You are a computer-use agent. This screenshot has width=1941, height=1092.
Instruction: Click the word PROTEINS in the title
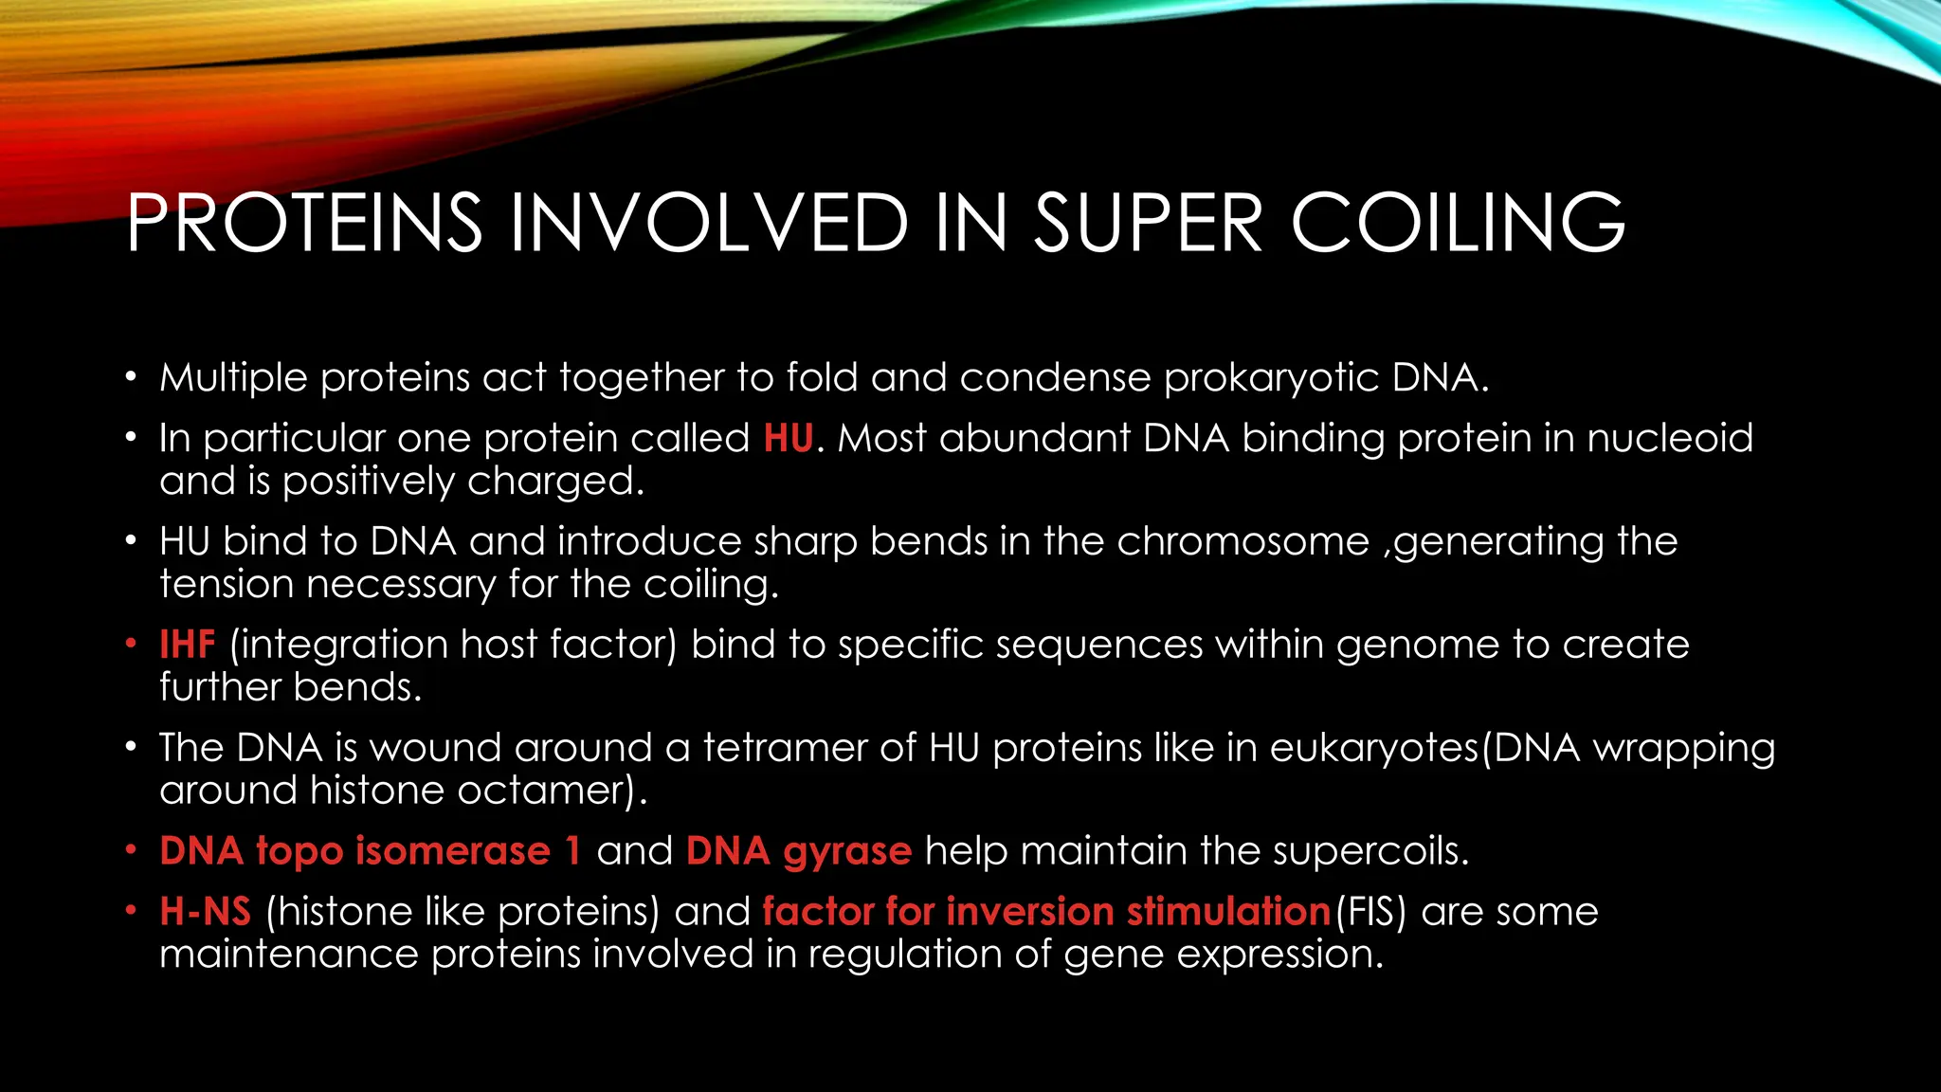[303, 224]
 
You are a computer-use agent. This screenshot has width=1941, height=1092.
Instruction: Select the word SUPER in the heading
[1147, 224]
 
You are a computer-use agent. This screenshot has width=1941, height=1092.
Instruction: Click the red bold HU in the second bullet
[788, 439]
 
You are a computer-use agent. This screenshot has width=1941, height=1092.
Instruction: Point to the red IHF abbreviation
[188, 645]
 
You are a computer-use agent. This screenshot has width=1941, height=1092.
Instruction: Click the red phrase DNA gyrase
[798, 851]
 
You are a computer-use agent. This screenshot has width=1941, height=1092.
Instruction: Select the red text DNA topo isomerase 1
[370, 851]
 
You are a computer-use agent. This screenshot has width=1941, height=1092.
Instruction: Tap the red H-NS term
[205, 912]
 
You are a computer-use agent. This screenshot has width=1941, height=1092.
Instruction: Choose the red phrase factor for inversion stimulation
[1046, 912]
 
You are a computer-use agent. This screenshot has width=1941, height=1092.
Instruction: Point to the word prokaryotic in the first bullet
[1271, 378]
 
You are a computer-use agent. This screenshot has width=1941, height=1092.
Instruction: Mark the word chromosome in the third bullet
[1243, 542]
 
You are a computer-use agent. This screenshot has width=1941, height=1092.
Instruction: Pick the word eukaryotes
[1374, 748]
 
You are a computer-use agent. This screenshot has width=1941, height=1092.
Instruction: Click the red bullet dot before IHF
[131, 645]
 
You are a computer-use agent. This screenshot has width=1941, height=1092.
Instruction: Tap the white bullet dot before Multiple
[131, 378]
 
